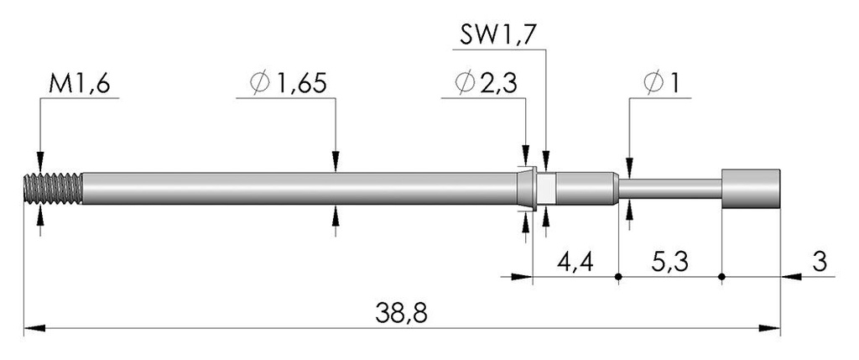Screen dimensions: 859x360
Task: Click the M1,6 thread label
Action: point(80,84)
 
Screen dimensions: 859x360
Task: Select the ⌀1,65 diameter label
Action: point(288,83)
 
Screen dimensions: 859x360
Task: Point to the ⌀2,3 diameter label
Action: point(486,83)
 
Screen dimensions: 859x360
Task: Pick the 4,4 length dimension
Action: point(575,262)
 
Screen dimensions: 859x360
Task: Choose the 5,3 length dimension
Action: point(670,262)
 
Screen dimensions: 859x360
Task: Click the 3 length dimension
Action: point(819,262)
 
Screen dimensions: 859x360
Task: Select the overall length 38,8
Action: point(402,314)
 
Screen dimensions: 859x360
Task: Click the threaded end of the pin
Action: point(54,189)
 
